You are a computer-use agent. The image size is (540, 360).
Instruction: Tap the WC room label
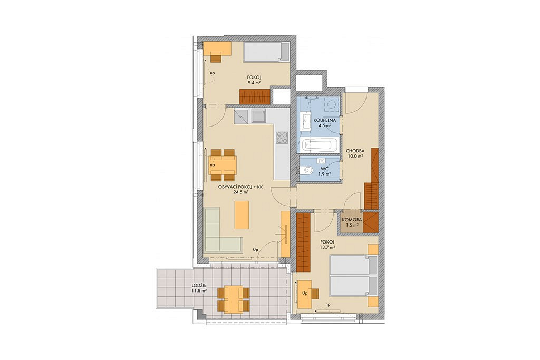325,169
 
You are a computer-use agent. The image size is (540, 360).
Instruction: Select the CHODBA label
355,151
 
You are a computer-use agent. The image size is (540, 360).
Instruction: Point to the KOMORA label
352,220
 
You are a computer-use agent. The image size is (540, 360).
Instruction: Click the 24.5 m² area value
240,192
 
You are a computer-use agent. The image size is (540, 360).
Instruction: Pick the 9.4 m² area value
254,83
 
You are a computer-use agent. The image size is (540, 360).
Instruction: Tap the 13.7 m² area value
327,247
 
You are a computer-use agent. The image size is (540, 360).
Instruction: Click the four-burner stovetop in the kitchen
282,138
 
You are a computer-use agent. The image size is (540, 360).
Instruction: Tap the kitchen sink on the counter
258,116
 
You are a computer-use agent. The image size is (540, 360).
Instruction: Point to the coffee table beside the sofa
242,215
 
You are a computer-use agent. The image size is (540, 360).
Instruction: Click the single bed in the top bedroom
266,52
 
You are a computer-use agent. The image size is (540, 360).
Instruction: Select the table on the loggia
234,299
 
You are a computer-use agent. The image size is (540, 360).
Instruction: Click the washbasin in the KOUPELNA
306,121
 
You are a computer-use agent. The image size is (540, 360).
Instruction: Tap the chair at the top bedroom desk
216,57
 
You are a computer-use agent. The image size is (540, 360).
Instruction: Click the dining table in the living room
223,165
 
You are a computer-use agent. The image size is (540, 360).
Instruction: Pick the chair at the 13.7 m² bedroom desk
314,294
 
